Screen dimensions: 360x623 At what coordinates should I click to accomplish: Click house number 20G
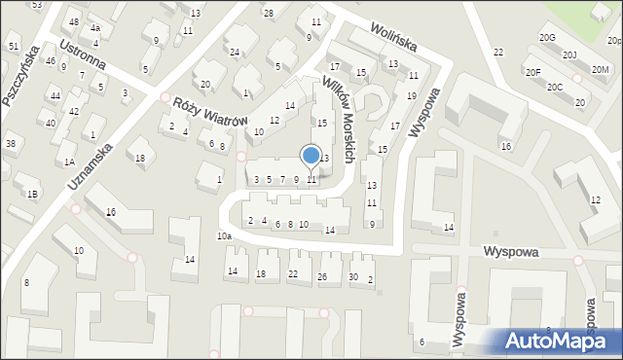coord(547,38)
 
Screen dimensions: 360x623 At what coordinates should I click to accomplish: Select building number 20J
coord(569,55)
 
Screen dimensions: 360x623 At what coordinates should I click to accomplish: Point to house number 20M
coord(600,69)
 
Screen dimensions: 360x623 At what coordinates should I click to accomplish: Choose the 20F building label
coord(532,73)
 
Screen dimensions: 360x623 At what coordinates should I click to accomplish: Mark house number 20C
coord(554,88)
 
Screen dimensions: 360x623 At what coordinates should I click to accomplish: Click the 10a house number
coord(224,236)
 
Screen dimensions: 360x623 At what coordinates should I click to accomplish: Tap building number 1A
coord(69,162)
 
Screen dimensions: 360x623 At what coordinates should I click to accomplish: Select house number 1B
coord(32,195)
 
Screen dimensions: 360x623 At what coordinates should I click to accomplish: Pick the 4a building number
coord(95,28)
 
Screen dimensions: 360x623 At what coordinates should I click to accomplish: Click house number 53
coord(37,5)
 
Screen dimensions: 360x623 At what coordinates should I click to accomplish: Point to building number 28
coord(269,13)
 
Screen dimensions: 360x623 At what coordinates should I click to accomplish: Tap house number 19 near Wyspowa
coord(412,95)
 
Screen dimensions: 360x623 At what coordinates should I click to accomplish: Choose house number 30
coord(353,277)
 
